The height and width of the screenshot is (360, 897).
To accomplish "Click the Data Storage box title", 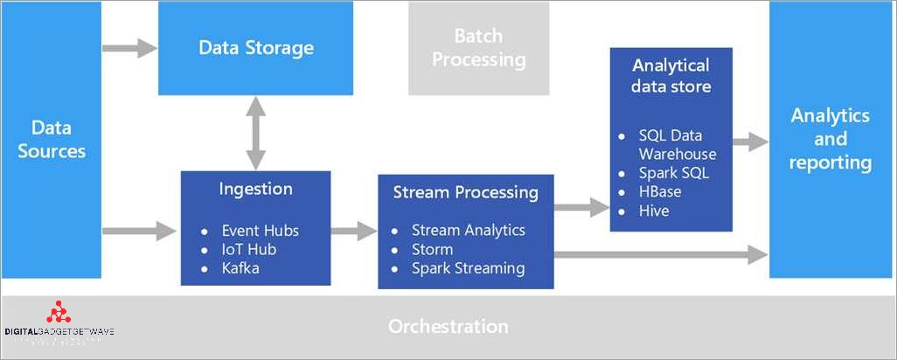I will point(255,47).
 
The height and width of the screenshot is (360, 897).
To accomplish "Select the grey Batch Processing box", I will point(478,48).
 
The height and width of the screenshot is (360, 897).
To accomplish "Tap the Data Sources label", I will point(52,140).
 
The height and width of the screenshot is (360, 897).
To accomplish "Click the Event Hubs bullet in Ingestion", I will point(260,231).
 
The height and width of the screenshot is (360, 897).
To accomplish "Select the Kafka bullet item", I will point(240,267).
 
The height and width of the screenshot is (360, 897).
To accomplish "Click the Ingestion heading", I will point(255,189).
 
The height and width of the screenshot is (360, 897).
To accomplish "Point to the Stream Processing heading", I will point(466,192).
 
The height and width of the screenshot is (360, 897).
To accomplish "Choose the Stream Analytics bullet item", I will point(468,231).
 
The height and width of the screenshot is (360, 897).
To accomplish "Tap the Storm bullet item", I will point(432,249).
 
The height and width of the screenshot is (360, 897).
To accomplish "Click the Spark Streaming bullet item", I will point(468,268).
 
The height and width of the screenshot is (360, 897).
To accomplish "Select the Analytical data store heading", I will point(671,75).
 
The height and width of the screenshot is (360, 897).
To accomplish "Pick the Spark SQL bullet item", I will point(673,173).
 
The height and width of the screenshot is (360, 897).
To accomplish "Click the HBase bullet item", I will point(659,191).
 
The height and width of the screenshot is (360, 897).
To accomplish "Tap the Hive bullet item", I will point(653,211).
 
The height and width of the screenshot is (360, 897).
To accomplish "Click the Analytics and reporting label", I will point(830,139).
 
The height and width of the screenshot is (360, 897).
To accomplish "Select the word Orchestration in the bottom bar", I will point(448,327).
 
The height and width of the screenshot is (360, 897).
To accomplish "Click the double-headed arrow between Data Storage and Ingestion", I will point(255,133).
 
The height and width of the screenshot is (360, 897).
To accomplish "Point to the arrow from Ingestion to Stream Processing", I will point(354,231).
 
